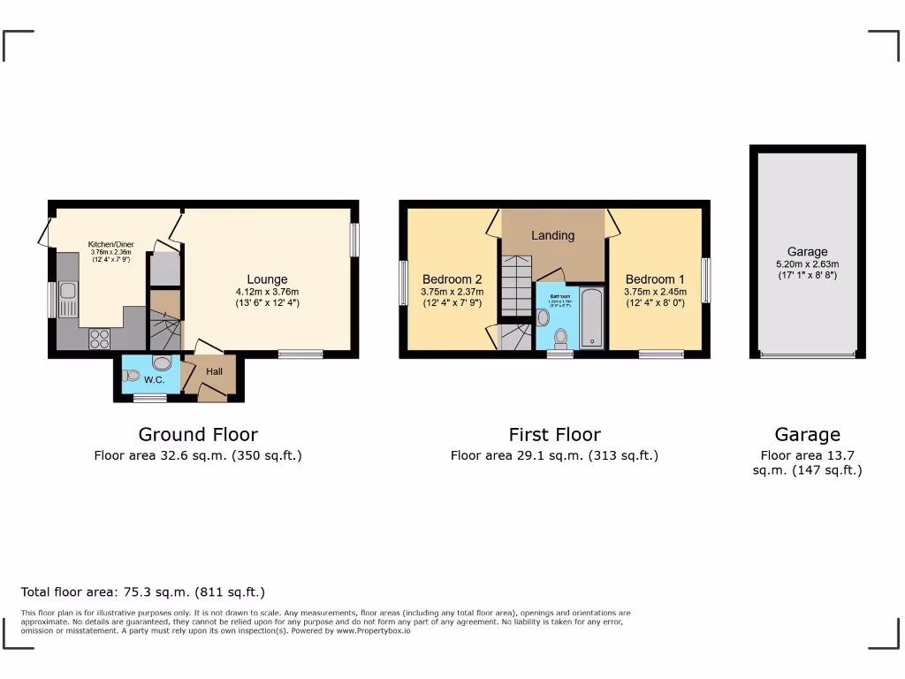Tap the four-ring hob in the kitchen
[98, 339]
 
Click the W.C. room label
[155, 379]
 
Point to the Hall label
[215, 372]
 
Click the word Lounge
[267, 279]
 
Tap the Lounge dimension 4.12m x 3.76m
[267, 293]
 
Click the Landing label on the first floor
[552, 235]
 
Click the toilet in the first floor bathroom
[560, 339]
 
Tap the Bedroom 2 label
[452, 278]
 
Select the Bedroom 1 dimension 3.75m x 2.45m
[655, 292]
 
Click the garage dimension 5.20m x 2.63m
[807, 263]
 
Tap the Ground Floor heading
[198, 434]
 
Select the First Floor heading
[554, 434]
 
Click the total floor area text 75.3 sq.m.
[142, 591]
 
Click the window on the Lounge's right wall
[354, 240]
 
